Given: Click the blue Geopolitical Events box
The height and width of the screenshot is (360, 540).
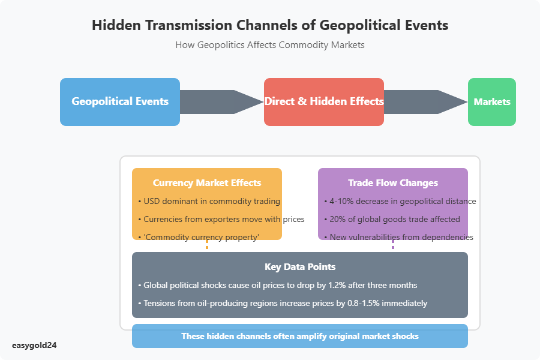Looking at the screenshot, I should [x=120, y=102].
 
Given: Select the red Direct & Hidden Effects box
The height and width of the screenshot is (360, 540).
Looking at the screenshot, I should [x=324, y=102].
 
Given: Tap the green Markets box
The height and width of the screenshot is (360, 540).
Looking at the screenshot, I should [x=492, y=102].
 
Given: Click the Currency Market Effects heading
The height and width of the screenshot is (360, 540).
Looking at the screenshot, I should [x=207, y=183].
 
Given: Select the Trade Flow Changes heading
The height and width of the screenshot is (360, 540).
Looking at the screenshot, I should [x=393, y=183].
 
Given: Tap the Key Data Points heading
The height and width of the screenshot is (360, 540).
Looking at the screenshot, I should [x=300, y=267].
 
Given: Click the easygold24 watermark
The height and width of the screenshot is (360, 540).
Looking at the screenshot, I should [x=35, y=345].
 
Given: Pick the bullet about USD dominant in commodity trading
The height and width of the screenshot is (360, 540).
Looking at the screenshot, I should [x=211, y=201].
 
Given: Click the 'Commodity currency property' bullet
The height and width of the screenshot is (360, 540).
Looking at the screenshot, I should [x=201, y=237].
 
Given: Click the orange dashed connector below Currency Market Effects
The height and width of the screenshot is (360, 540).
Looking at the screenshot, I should [x=207, y=245].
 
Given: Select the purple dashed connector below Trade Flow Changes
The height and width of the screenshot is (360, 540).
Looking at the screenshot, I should [x=393, y=245].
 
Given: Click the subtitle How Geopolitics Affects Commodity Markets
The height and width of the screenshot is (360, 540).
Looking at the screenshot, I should [x=270, y=45].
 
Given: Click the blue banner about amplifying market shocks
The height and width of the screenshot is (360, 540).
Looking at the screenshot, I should [x=300, y=336].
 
